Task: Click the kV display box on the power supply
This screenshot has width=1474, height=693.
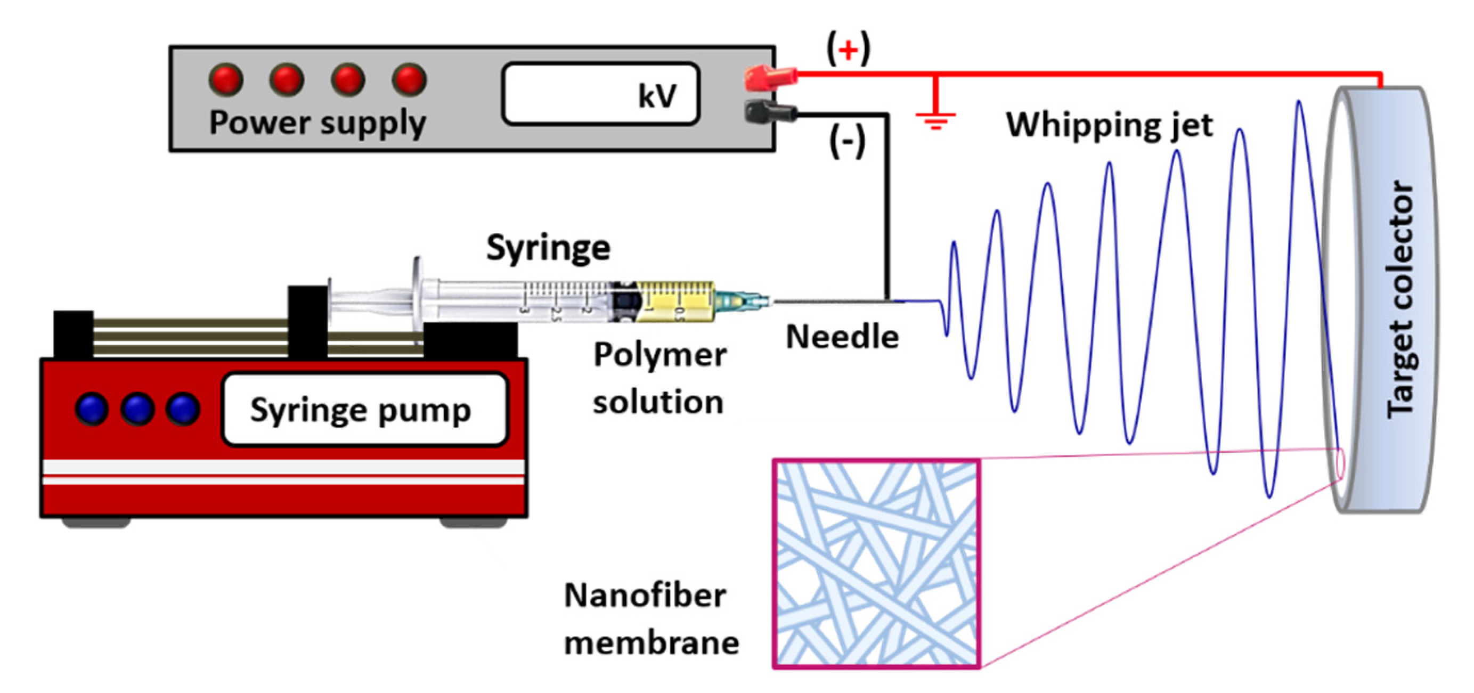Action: [x=600, y=94]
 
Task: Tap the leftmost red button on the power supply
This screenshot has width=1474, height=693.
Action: [x=226, y=79]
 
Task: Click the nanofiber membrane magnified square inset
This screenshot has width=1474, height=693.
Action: [x=876, y=563]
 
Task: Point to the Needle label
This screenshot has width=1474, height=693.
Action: [x=842, y=337]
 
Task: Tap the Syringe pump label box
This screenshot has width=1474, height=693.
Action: [x=364, y=409]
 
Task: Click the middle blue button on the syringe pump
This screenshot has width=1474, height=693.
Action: [x=137, y=409]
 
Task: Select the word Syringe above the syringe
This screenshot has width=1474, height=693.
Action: [x=548, y=248]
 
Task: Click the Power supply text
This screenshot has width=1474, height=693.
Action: [x=317, y=123]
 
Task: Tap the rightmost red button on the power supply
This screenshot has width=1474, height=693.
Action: [x=409, y=79]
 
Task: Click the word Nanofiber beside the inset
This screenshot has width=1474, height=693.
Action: [x=645, y=595]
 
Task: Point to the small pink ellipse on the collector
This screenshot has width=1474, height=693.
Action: [x=1340, y=463]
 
